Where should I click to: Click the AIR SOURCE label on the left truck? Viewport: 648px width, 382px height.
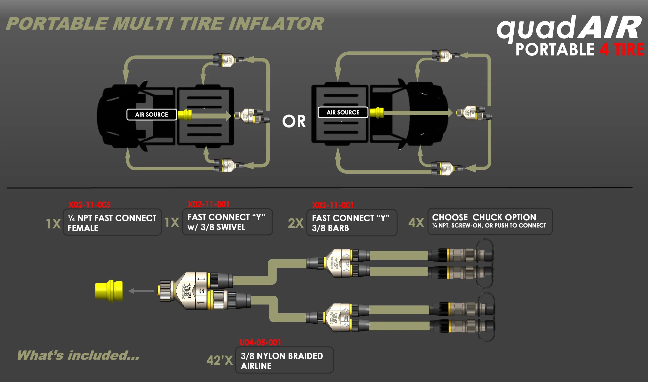pos(151,114)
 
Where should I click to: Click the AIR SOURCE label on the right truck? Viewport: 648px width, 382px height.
pos(343,113)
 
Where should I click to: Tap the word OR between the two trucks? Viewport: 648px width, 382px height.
pos(294,121)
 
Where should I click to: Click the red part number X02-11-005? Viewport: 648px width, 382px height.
pos(89,205)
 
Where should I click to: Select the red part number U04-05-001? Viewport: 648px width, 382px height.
pos(260,343)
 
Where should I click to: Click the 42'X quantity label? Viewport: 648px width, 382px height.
pos(219,360)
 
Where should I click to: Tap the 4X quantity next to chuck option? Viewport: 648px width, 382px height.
pos(416,223)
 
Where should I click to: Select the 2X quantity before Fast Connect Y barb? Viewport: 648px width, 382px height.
pos(296,223)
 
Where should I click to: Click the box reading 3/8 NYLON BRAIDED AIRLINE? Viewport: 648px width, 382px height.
pos(284,360)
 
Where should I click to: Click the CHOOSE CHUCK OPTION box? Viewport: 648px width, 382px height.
pos(490,221)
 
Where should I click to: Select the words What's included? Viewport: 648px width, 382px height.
pos(78,355)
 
